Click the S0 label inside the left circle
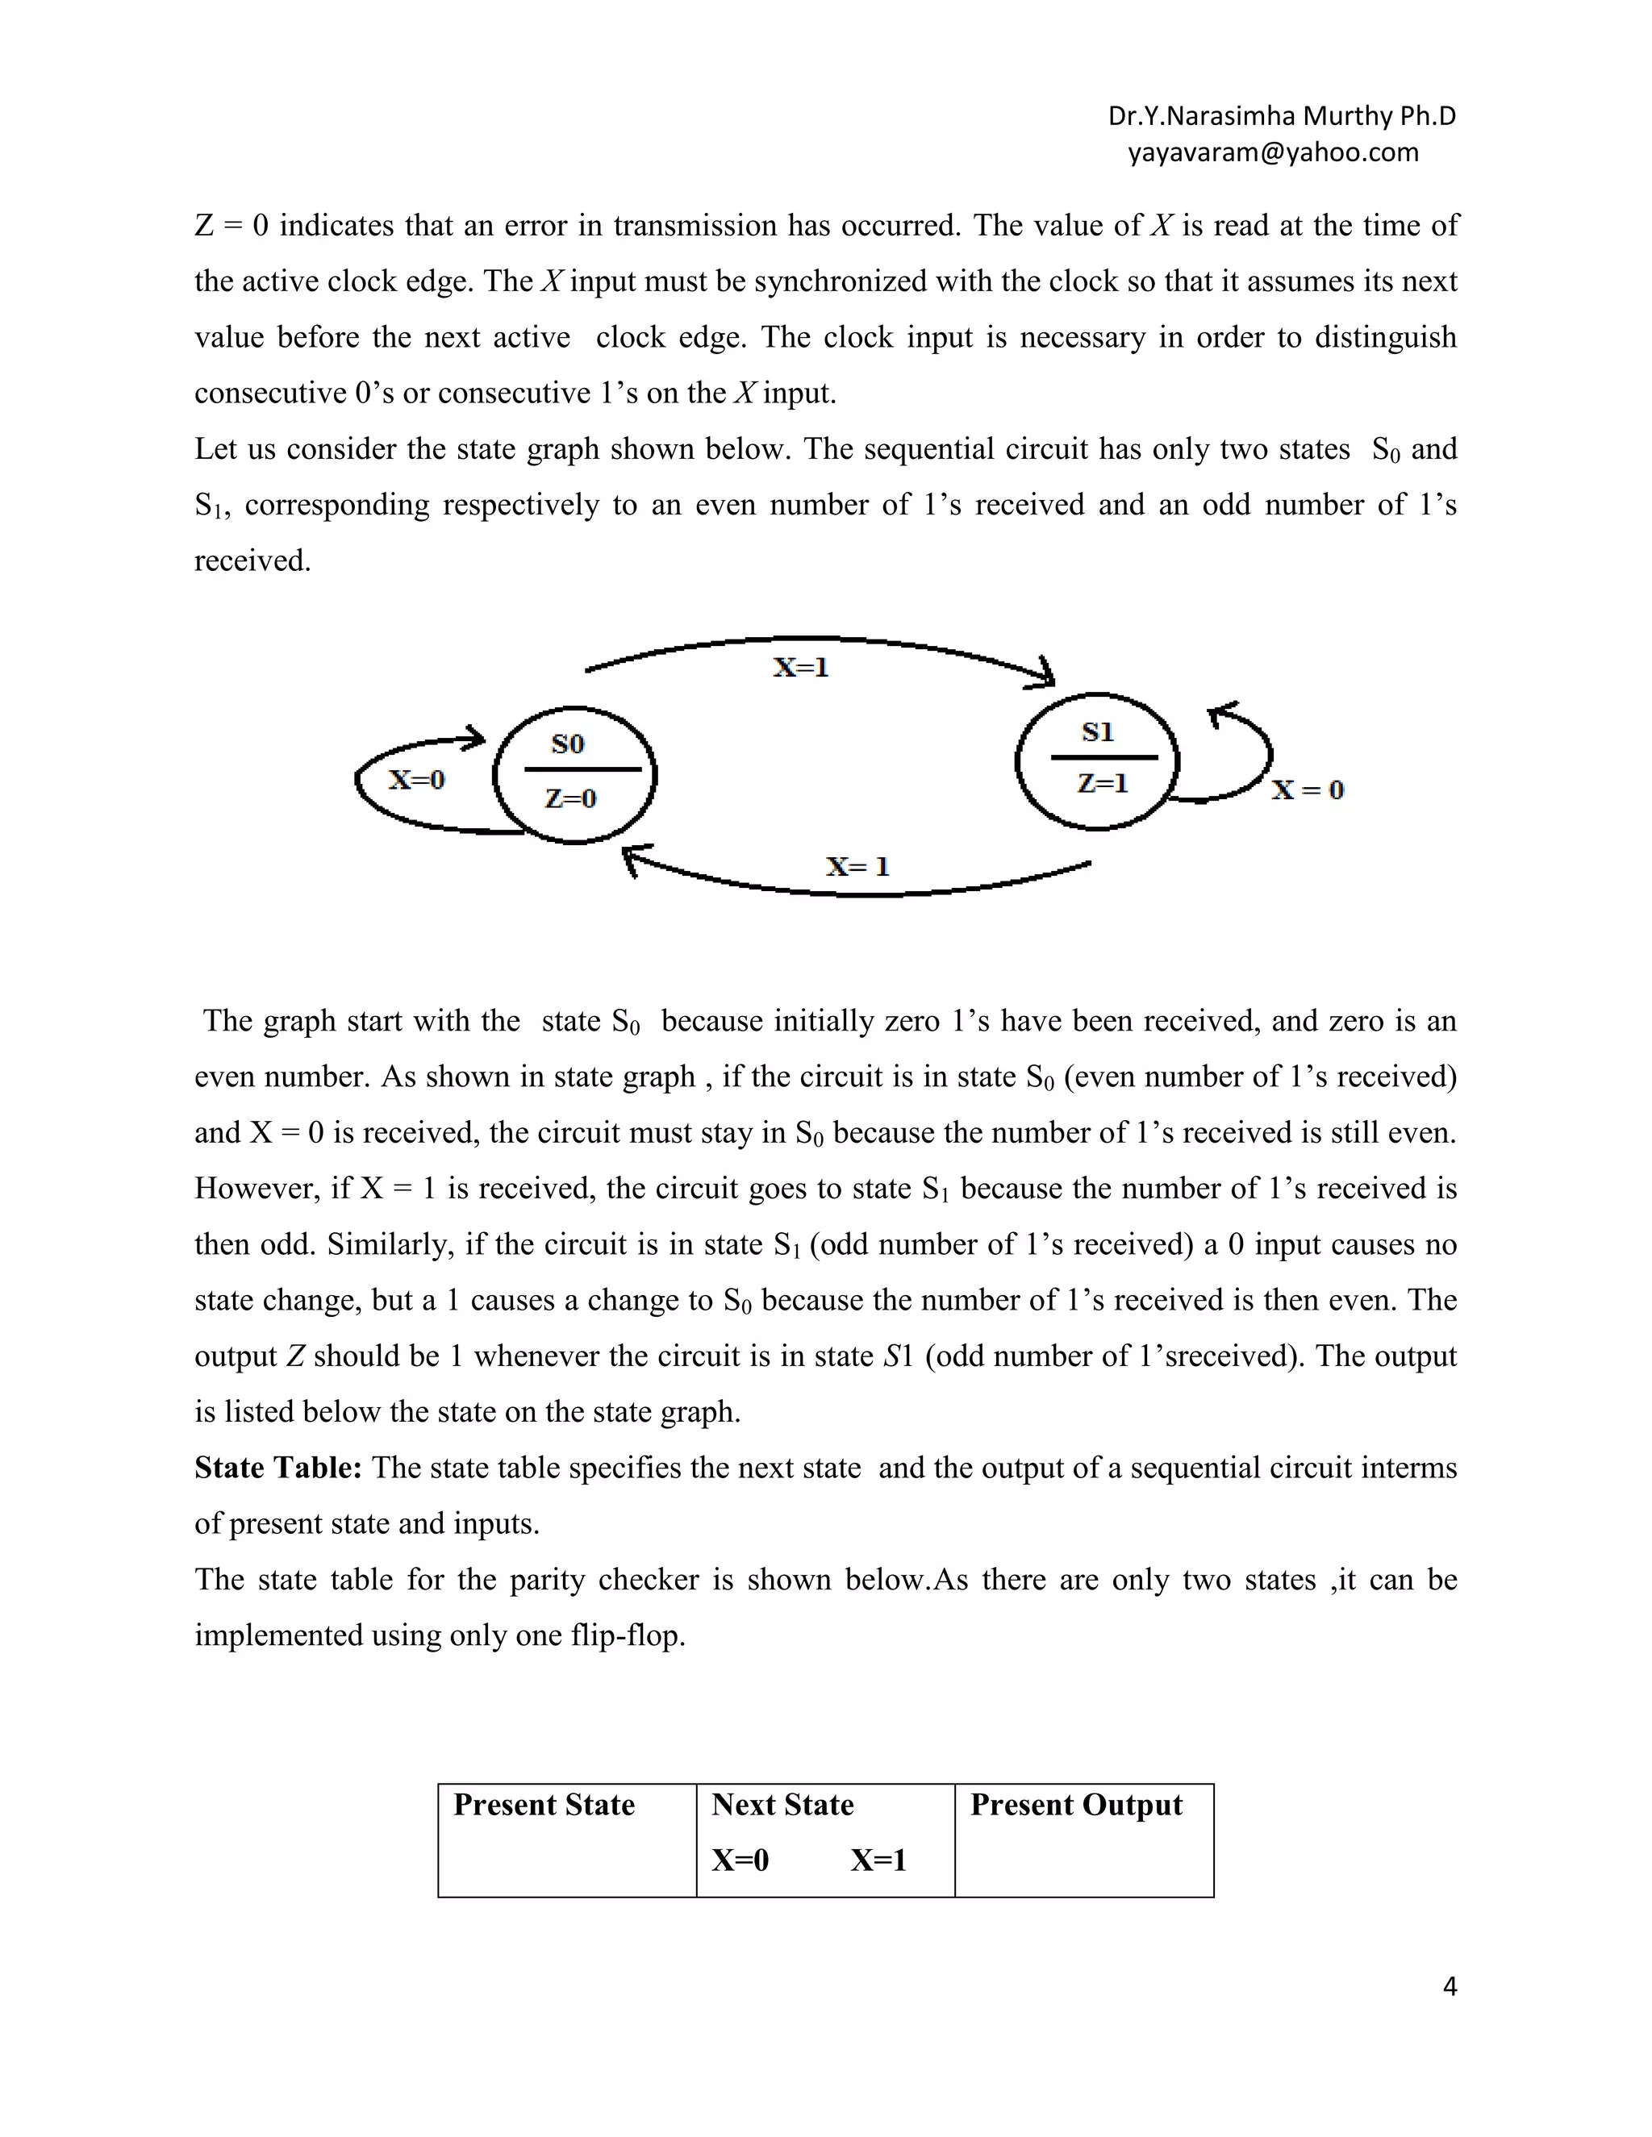[x=568, y=744]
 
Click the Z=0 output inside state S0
[x=570, y=798]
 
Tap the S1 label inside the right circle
[x=1097, y=732]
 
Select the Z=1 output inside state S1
[x=1102, y=783]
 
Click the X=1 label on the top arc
[x=800, y=668]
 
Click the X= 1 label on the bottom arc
[x=857, y=866]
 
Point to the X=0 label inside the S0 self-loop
[x=417, y=780]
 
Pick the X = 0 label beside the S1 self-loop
[x=1308, y=789]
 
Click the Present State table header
[x=544, y=1804]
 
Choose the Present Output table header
[x=1077, y=1804]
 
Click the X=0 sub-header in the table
[x=740, y=1860]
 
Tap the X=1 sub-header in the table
[x=878, y=1860]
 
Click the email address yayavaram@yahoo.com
[x=1273, y=152]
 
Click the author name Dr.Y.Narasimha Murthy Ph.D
[x=1281, y=116]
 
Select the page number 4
[x=1450, y=1987]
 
